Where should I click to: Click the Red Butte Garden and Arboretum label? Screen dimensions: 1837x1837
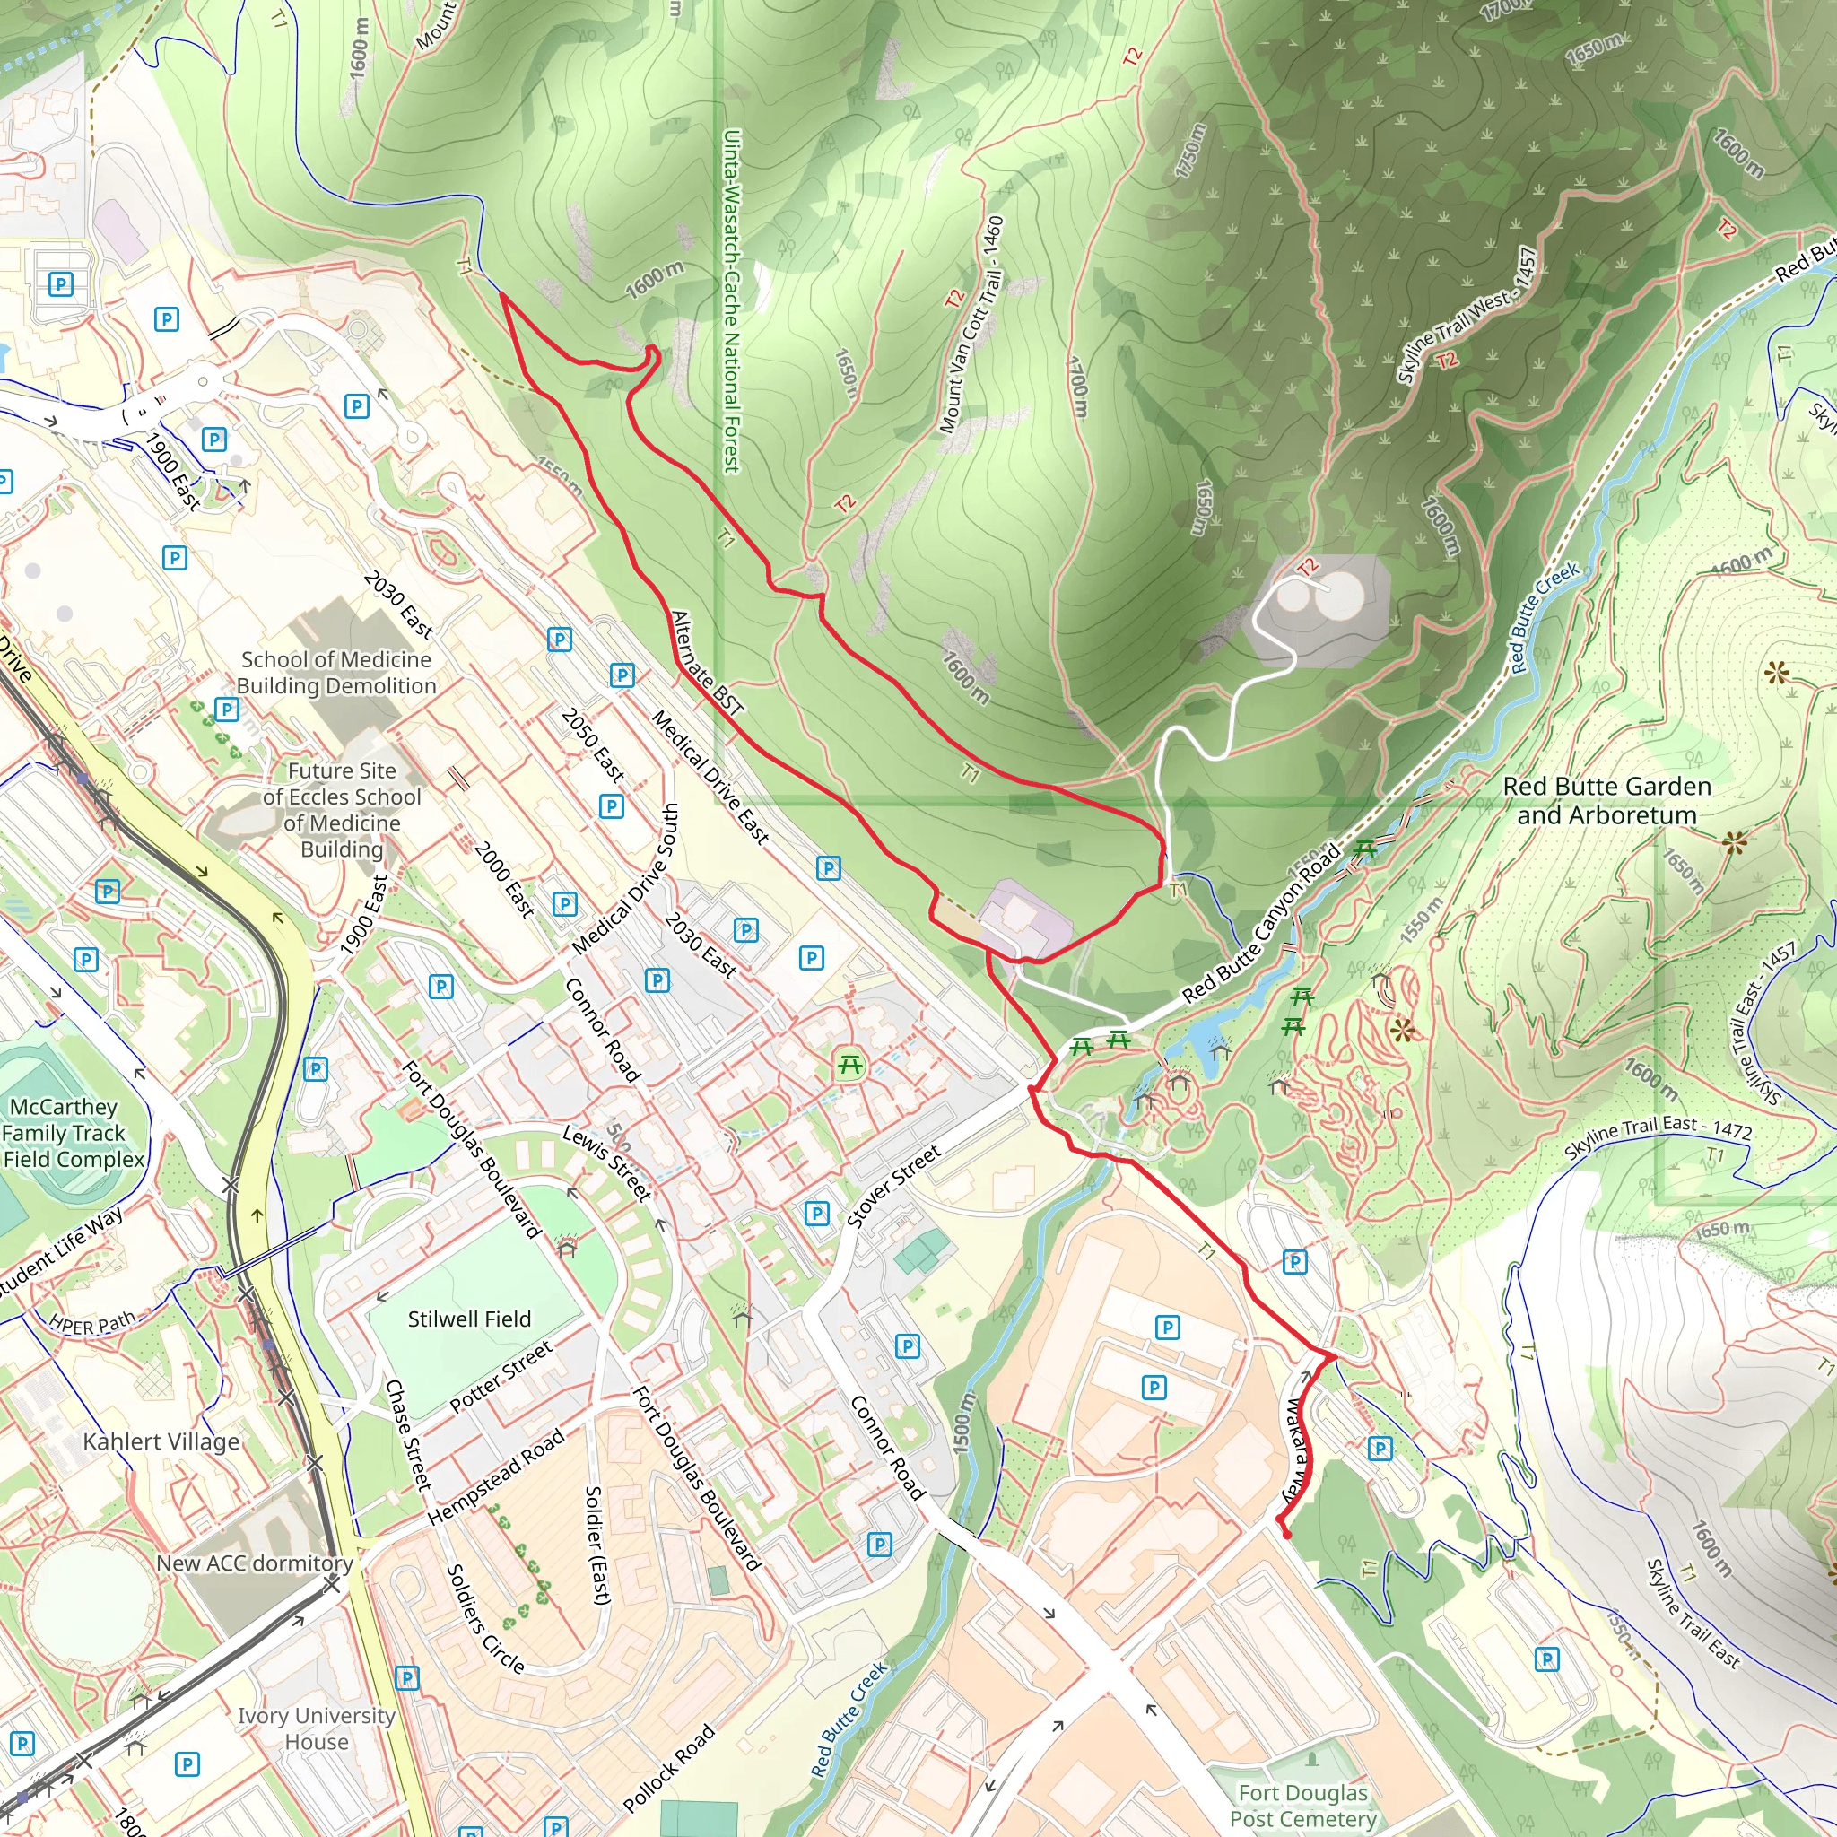pyautogui.click(x=1606, y=801)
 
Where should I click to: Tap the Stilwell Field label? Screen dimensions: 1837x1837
pyautogui.click(x=469, y=1319)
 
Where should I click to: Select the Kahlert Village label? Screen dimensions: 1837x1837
pyautogui.click(x=161, y=1441)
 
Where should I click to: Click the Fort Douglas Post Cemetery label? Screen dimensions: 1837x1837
pyautogui.click(x=1302, y=1806)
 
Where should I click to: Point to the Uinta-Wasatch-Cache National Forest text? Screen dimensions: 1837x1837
pyautogui.click(x=730, y=301)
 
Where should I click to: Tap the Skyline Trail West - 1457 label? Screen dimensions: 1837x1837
pyautogui.click(x=1467, y=316)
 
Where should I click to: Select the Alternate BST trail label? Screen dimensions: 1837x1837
pyautogui.click(x=707, y=663)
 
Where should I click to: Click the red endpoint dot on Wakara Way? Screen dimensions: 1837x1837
pyautogui.click(x=1286, y=1534)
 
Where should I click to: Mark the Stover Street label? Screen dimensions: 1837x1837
pyautogui.click(x=892, y=1186)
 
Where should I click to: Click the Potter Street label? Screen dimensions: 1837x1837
pyautogui.click(x=501, y=1376)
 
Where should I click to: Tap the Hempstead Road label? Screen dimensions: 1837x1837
pyautogui.click(x=495, y=1477)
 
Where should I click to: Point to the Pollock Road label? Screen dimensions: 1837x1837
pyautogui.click(x=667, y=1768)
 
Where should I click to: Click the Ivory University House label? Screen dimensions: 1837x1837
pyautogui.click(x=316, y=1728)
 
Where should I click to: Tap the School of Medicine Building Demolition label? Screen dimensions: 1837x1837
pyautogui.click(x=335, y=672)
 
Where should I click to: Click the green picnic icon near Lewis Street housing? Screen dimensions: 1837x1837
pyautogui.click(x=850, y=1066)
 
